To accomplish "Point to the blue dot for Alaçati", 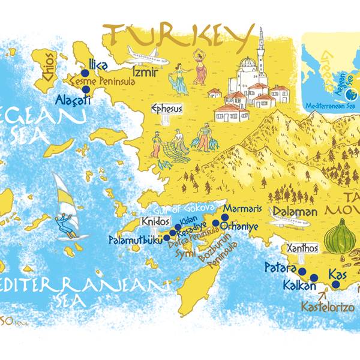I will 86,89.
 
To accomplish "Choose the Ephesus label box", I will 166,109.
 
